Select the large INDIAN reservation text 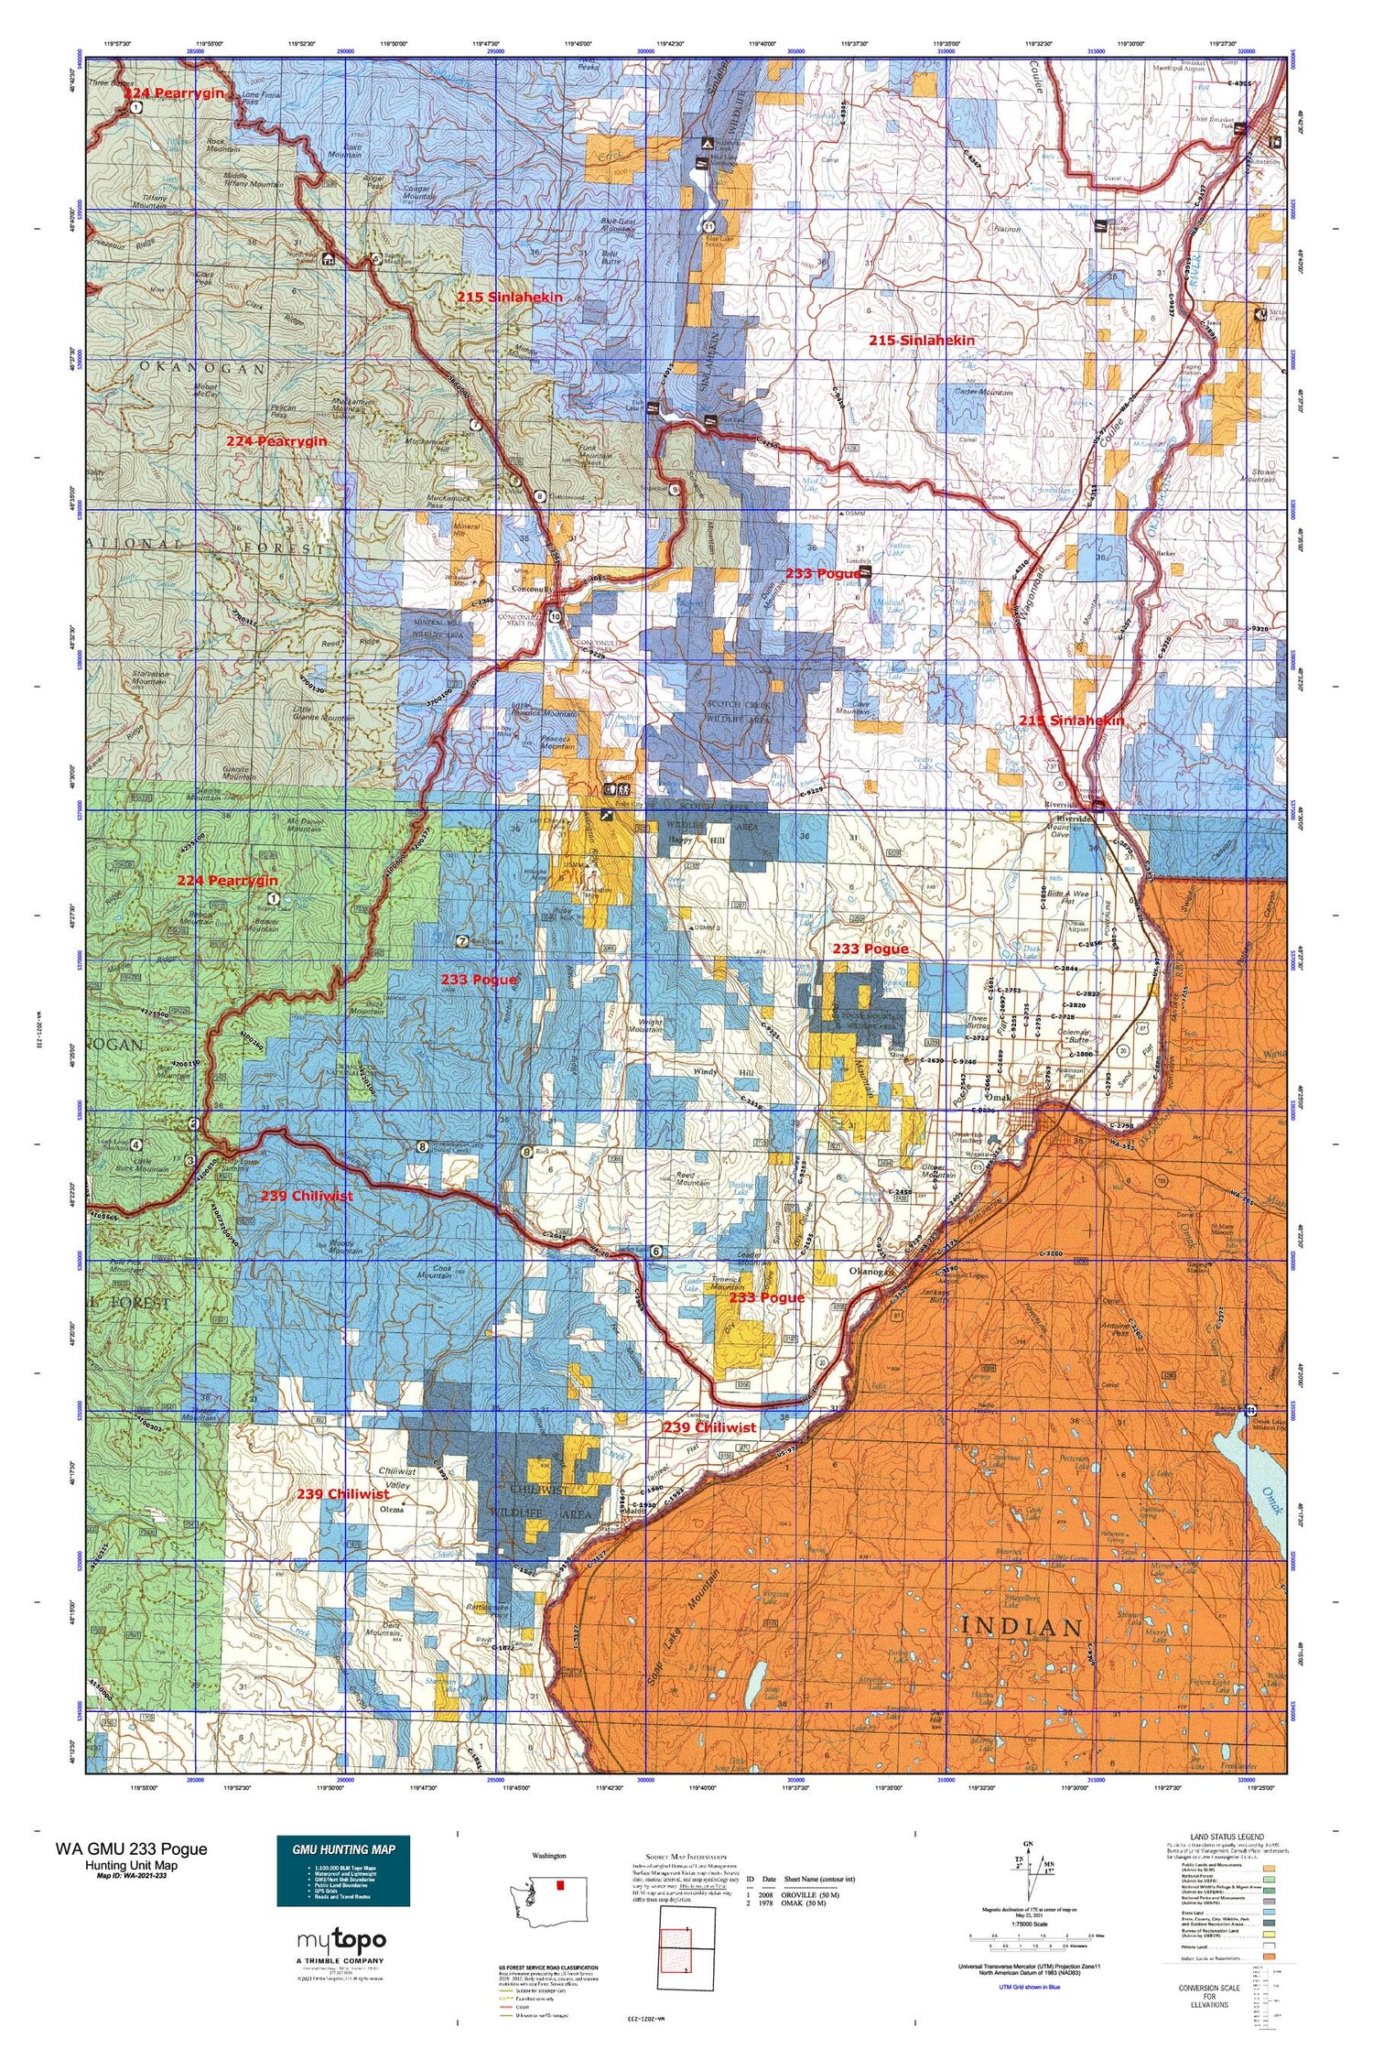(x=1022, y=1627)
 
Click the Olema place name (x=392, y=1509)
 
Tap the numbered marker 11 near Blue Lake (x=708, y=227)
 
